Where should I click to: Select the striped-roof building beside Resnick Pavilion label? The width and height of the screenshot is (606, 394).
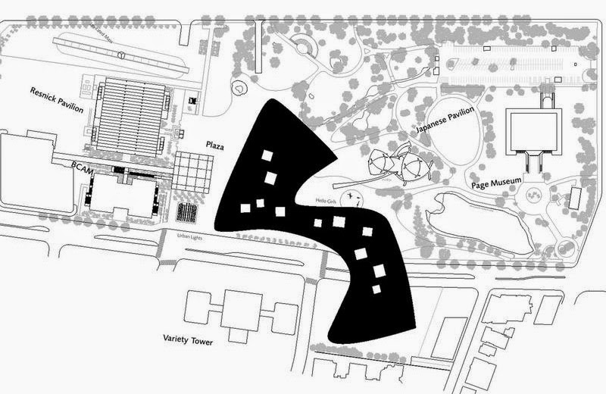(x=133, y=114)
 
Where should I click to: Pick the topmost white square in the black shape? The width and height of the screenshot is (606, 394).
(x=266, y=155)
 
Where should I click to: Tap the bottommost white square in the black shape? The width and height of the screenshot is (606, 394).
(x=376, y=289)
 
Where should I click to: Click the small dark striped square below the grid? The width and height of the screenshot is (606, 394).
(x=186, y=211)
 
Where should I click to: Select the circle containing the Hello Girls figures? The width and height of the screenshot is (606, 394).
(x=350, y=200)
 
